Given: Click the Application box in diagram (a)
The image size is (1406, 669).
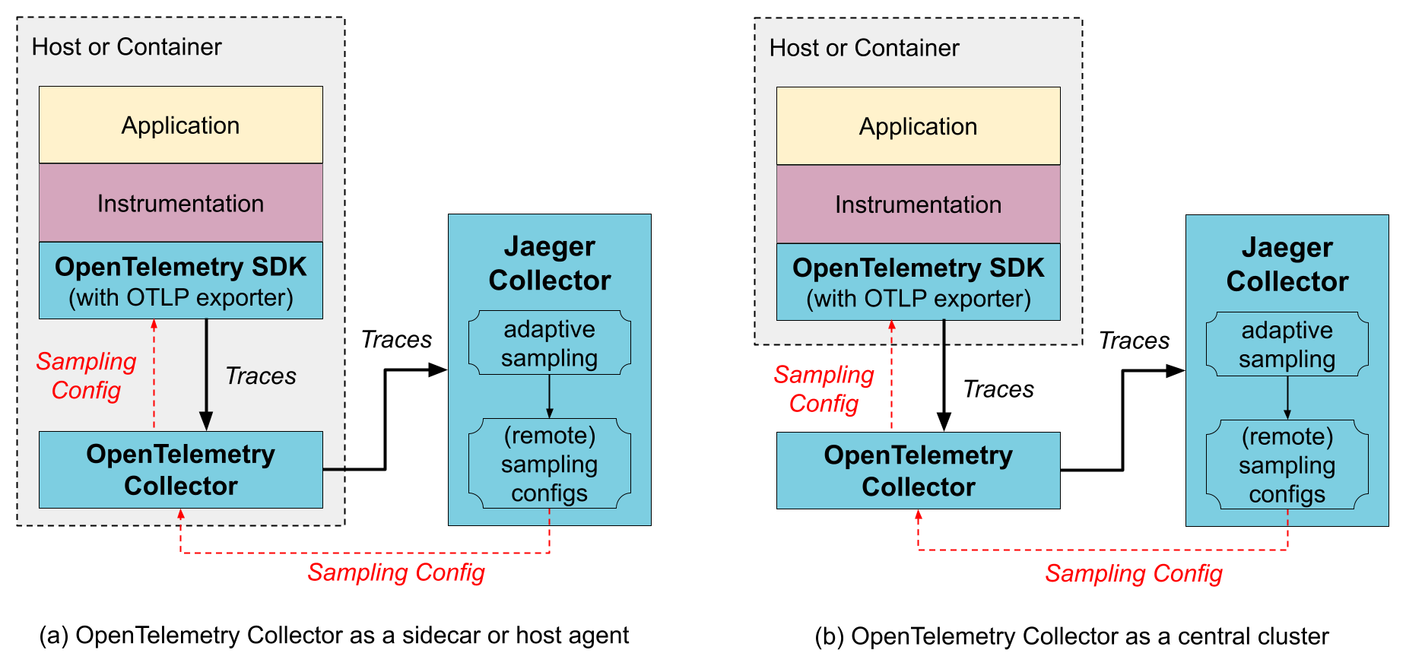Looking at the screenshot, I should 181,125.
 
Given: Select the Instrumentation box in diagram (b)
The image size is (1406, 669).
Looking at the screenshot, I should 918,205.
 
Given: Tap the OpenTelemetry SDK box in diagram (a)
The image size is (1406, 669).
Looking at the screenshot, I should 181,281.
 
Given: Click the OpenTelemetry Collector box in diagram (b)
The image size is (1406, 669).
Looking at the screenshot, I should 918,471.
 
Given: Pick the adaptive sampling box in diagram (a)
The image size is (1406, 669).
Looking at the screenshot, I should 549,343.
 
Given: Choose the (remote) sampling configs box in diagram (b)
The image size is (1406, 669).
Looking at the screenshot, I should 1287,464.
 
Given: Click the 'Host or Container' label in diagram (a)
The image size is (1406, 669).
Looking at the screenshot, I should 126,47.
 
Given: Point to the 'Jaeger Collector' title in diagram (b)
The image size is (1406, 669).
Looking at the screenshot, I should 1287,265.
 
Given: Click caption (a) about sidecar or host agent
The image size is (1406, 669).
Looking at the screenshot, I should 334,636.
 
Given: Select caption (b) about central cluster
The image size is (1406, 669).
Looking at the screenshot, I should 1071,636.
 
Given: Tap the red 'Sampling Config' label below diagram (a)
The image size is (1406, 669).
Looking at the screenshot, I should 395,572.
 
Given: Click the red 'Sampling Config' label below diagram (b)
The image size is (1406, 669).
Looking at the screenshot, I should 1133,574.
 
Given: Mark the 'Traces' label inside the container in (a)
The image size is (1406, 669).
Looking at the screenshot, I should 261,376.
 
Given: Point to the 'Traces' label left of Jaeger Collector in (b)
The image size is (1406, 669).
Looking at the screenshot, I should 1134,341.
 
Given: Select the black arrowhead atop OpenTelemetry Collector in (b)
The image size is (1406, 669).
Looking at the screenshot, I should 944,422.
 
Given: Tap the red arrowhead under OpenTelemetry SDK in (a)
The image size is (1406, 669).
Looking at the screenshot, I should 154,325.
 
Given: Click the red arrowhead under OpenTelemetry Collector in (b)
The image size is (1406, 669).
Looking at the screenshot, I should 919,515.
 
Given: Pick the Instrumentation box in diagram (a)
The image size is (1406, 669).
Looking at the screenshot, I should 181,203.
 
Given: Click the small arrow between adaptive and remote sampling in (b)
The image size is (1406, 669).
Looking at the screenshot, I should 1287,398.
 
